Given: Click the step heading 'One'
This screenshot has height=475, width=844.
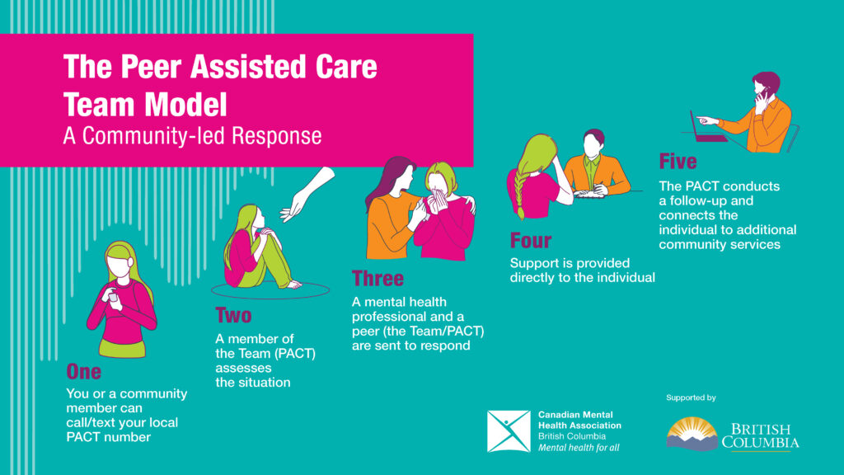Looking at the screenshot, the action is point(83,372).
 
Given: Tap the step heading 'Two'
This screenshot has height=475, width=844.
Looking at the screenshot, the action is point(233,316).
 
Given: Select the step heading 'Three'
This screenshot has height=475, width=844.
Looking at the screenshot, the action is point(377,279).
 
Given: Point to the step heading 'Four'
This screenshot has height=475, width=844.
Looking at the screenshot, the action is point(531,241).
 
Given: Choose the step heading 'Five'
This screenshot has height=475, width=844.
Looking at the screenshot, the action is point(678,161).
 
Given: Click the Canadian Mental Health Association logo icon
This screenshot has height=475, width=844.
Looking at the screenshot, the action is point(509,431).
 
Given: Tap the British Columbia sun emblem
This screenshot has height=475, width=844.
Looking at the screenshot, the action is point(692,433).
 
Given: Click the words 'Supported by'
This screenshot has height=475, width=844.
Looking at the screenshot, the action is point(691,398).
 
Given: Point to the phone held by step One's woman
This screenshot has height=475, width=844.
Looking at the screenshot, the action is point(112,297).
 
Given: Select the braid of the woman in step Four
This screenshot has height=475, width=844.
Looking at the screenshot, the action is point(519,192).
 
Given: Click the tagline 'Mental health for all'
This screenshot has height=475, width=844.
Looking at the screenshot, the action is point(579,448).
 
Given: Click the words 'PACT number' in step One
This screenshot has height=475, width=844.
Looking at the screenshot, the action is point(108,437).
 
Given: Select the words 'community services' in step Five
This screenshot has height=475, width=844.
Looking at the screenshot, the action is point(720,244).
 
